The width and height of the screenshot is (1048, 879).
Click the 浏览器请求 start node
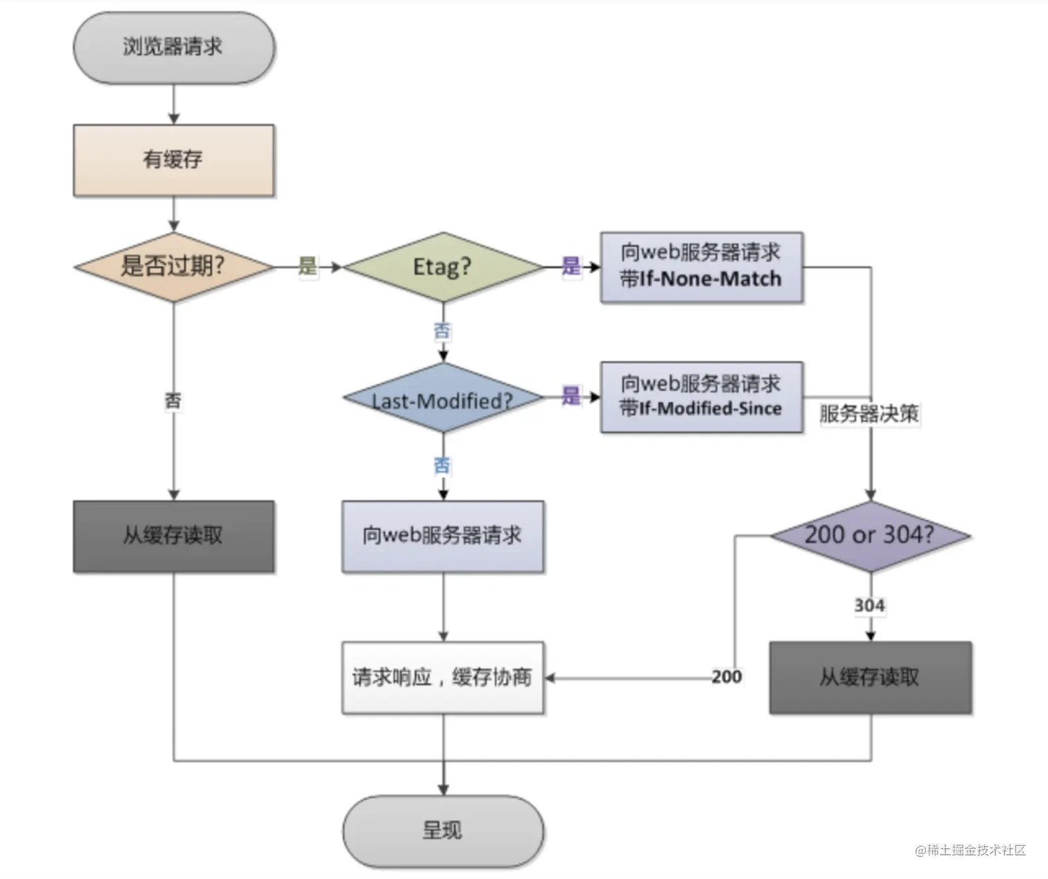174,48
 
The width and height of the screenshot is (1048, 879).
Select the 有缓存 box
174,160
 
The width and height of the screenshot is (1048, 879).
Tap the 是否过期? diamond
174,267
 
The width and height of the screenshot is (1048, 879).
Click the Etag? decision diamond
443,267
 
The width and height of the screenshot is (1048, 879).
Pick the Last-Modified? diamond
443,398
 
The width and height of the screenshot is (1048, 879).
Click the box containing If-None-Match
701,267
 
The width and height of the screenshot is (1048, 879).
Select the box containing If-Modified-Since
701,397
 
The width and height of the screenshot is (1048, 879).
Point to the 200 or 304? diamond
871,536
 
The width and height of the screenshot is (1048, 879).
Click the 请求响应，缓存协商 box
443,677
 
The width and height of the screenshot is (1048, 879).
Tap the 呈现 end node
443,831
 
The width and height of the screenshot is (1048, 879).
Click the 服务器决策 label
869,414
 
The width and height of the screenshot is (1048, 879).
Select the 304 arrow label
870,605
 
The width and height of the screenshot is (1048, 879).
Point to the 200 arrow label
727,677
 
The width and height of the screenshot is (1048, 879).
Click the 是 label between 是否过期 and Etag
308,266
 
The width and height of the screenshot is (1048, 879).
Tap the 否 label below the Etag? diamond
442,331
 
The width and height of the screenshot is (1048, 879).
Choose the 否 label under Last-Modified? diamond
442,465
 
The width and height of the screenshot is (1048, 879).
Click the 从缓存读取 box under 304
871,678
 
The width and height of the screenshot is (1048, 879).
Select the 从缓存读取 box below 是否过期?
174,536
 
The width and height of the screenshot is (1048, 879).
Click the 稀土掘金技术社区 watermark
970,850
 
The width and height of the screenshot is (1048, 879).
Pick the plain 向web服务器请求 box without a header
443,536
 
